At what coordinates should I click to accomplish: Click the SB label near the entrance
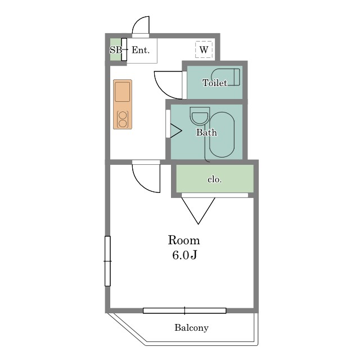pos(116,50)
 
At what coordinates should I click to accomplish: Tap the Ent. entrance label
pos(141,50)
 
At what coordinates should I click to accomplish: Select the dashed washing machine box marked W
pos(204,49)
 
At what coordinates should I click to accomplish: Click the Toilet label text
pos(215,83)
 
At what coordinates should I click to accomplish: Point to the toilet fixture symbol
pos(226,77)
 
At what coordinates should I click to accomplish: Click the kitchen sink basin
pos(123,92)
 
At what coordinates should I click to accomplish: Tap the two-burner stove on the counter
pos(123,119)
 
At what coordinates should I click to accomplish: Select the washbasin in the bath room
pos(200,116)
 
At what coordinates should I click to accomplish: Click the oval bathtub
pos(222,134)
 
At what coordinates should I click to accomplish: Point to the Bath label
pos(206,132)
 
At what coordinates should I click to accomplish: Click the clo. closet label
pos(215,179)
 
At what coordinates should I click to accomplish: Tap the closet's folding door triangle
pos(199,210)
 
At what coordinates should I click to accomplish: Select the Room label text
pos(184,240)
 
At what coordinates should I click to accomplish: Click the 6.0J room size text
pos(184,255)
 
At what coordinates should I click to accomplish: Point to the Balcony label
pos(191,327)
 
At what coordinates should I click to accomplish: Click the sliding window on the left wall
pos(107,261)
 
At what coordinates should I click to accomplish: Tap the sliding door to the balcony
pos(184,310)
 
